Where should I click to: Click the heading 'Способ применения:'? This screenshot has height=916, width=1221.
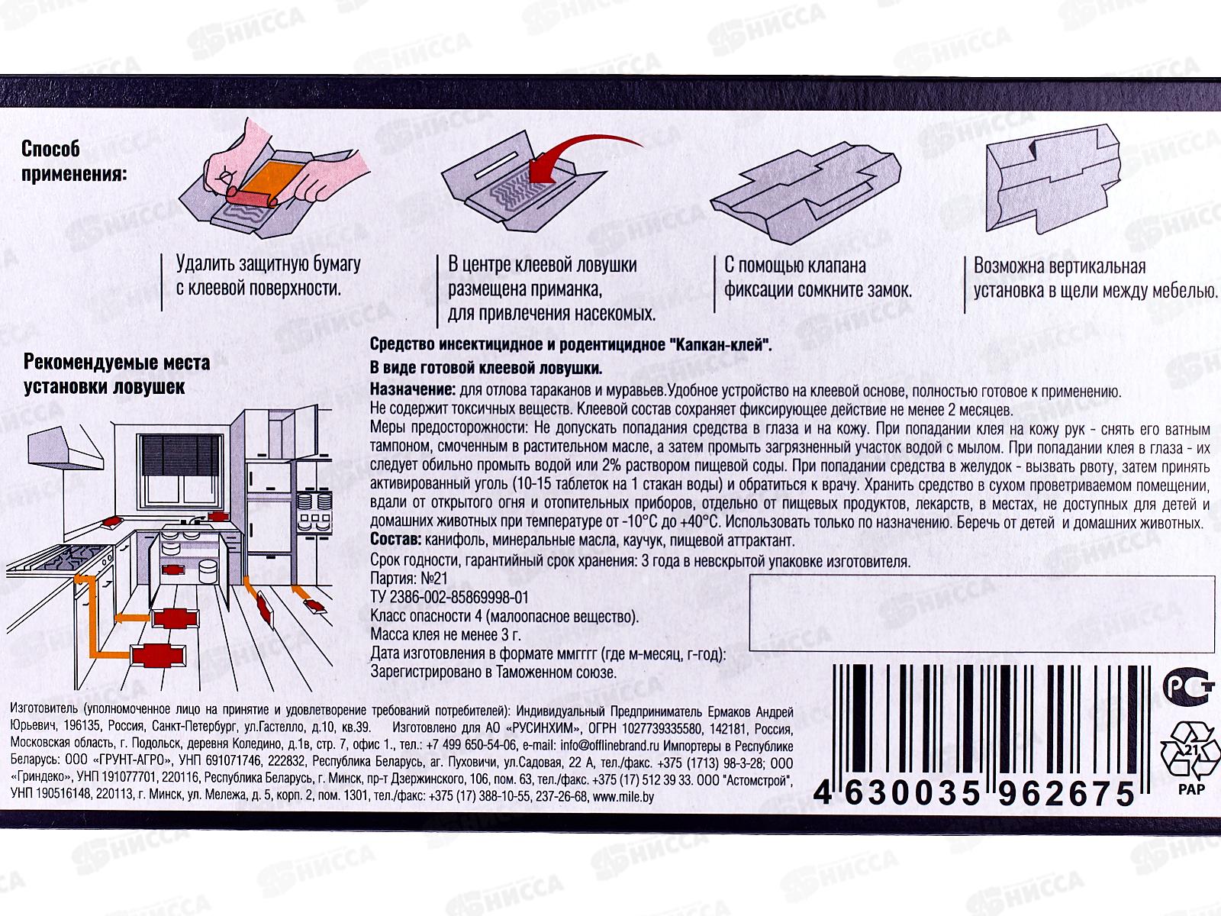[x=74, y=161]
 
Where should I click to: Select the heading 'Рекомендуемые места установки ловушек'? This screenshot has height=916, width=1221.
[x=117, y=374]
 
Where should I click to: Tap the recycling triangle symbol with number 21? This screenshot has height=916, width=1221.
[x=1190, y=751]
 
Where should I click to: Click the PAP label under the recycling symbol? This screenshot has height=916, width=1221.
[x=1191, y=789]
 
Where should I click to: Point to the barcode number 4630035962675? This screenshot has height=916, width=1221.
[x=974, y=792]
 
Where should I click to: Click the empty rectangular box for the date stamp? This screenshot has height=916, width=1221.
[x=982, y=614]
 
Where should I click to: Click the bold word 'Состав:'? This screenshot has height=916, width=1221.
[x=395, y=540]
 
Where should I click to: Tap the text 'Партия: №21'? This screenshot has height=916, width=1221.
[x=409, y=579]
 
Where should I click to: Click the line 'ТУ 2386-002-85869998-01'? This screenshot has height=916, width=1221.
[x=449, y=598]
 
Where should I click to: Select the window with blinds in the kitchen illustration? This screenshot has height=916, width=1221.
[x=181, y=469]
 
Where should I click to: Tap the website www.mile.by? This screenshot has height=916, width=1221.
[x=623, y=796]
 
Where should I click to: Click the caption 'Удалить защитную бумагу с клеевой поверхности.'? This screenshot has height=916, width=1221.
[x=268, y=276]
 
